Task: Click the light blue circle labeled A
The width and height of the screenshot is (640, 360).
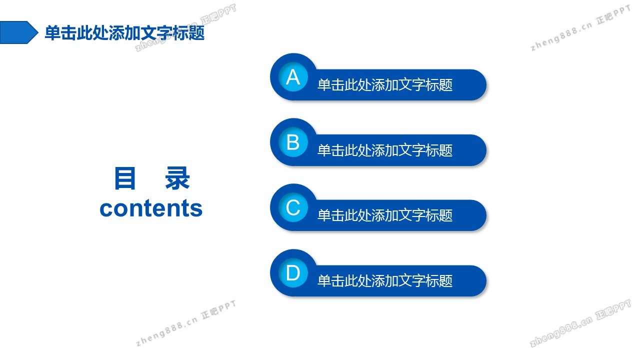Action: (293, 77)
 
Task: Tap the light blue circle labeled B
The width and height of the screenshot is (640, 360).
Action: (293, 142)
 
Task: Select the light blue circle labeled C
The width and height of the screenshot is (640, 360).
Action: (293, 207)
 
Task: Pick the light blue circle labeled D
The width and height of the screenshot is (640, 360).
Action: (293, 273)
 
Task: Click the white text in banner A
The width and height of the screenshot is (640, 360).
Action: (385, 85)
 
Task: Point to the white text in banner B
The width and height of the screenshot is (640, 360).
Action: (385, 150)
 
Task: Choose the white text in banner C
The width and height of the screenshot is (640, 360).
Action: (385, 215)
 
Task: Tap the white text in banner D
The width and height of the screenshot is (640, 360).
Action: (385, 281)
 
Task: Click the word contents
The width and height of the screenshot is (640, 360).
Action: (151, 208)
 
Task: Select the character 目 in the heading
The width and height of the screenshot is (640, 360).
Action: (124, 178)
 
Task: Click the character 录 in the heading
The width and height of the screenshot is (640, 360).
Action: (177, 178)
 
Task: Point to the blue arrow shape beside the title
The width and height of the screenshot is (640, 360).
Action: (19, 32)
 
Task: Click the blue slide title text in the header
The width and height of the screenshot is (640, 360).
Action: (124, 33)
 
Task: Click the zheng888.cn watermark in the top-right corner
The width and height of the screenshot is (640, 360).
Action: (580, 28)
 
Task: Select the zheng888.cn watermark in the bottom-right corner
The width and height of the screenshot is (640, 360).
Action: (580, 323)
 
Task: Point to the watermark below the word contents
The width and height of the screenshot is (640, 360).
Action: (185, 323)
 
